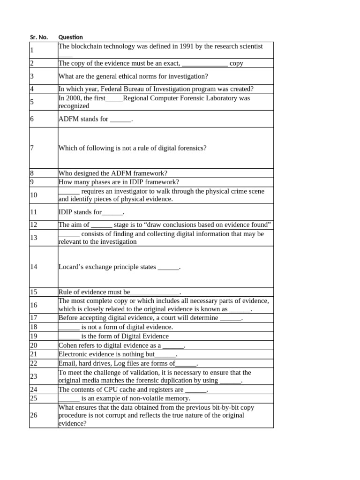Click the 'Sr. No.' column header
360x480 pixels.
click(39, 37)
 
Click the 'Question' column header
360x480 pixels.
click(70, 37)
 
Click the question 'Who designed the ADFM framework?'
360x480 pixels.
click(112, 173)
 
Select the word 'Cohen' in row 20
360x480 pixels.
click(68, 345)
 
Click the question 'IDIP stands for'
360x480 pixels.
click(91, 212)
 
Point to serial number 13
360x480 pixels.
click(33, 238)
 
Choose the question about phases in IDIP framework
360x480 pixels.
click(119, 182)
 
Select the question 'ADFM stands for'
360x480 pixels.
click(96, 119)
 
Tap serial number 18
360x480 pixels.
click(33, 327)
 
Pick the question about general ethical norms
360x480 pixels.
click(133, 76)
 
